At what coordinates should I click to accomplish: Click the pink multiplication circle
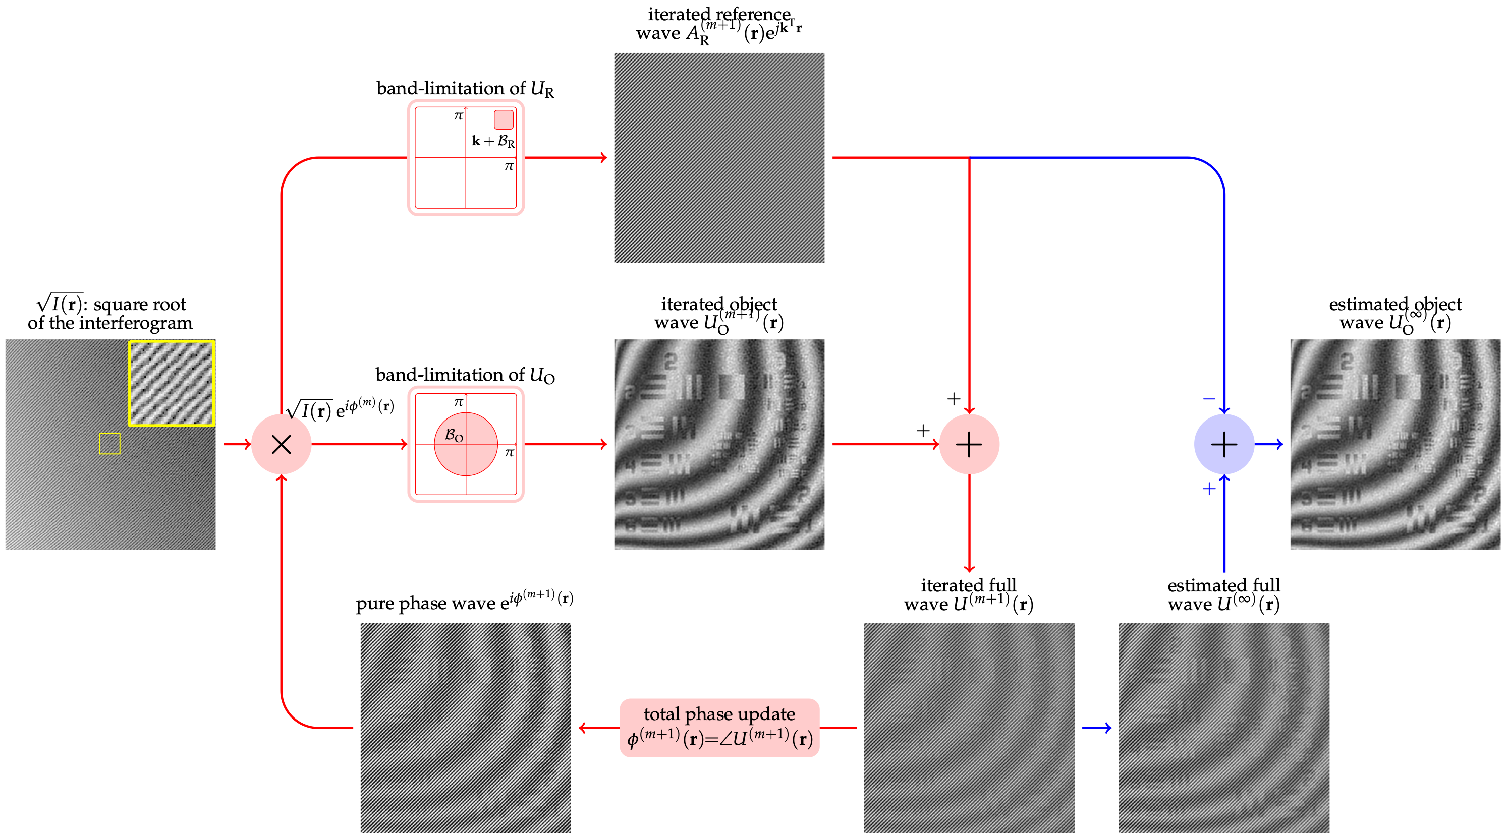(282, 444)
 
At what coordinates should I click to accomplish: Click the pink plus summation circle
(969, 444)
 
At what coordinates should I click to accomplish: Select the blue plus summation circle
(1224, 444)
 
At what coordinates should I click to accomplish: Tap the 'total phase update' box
(719, 728)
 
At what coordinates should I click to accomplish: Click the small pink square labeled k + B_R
(504, 119)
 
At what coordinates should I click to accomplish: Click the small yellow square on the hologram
(109, 443)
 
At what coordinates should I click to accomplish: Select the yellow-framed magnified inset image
(172, 383)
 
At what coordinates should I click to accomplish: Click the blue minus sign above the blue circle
(1209, 399)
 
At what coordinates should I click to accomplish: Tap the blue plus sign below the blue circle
(1209, 489)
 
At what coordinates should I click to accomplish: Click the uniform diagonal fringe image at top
(719, 158)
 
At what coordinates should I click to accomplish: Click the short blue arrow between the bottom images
(1097, 728)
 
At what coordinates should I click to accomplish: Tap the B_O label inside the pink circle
(454, 435)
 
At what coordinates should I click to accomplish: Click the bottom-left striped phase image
(465, 728)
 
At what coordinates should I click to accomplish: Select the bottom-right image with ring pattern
(1224, 728)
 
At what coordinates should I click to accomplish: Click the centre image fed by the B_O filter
(719, 444)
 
